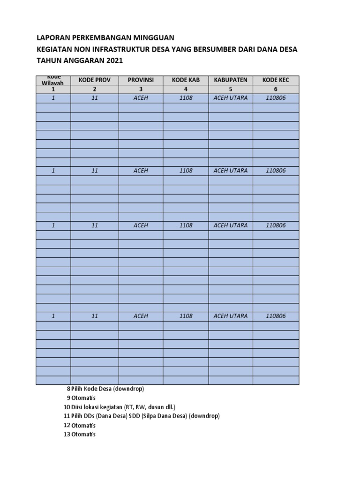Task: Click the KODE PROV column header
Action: pyautogui.click(x=95, y=80)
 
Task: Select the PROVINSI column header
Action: pyautogui.click(x=141, y=80)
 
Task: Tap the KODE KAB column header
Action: pyautogui.click(x=186, y=80)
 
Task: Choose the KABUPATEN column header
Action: pyautogui.click(x=231, y=80)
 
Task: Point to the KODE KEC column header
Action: pyautogui.click(x=276, y=80)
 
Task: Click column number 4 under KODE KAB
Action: pyautogui.click(x=186, y=89)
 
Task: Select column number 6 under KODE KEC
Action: pyautogui.click(x=276, y=89)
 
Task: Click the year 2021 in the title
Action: pyautogui.click(x=116, y=60)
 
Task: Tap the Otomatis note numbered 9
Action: pyautogui.click(x=81, y=398)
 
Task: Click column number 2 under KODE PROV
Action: pyautogui.click(x=95, y=89)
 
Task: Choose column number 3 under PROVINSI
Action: pyautogui.click(x=141, y=89)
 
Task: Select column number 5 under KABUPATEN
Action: pyautogui.click(x=231, y=89)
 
